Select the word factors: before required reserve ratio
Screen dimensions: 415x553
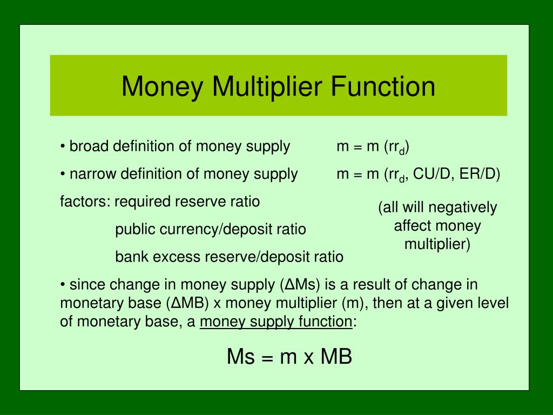(85, 202)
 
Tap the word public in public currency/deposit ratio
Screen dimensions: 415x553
(133, 230)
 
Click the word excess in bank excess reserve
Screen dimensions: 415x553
(177, 257)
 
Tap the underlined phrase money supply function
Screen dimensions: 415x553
(275, 322)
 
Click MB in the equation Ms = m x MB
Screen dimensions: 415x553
(336, 357)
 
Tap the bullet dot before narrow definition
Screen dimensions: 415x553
(63, 174)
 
